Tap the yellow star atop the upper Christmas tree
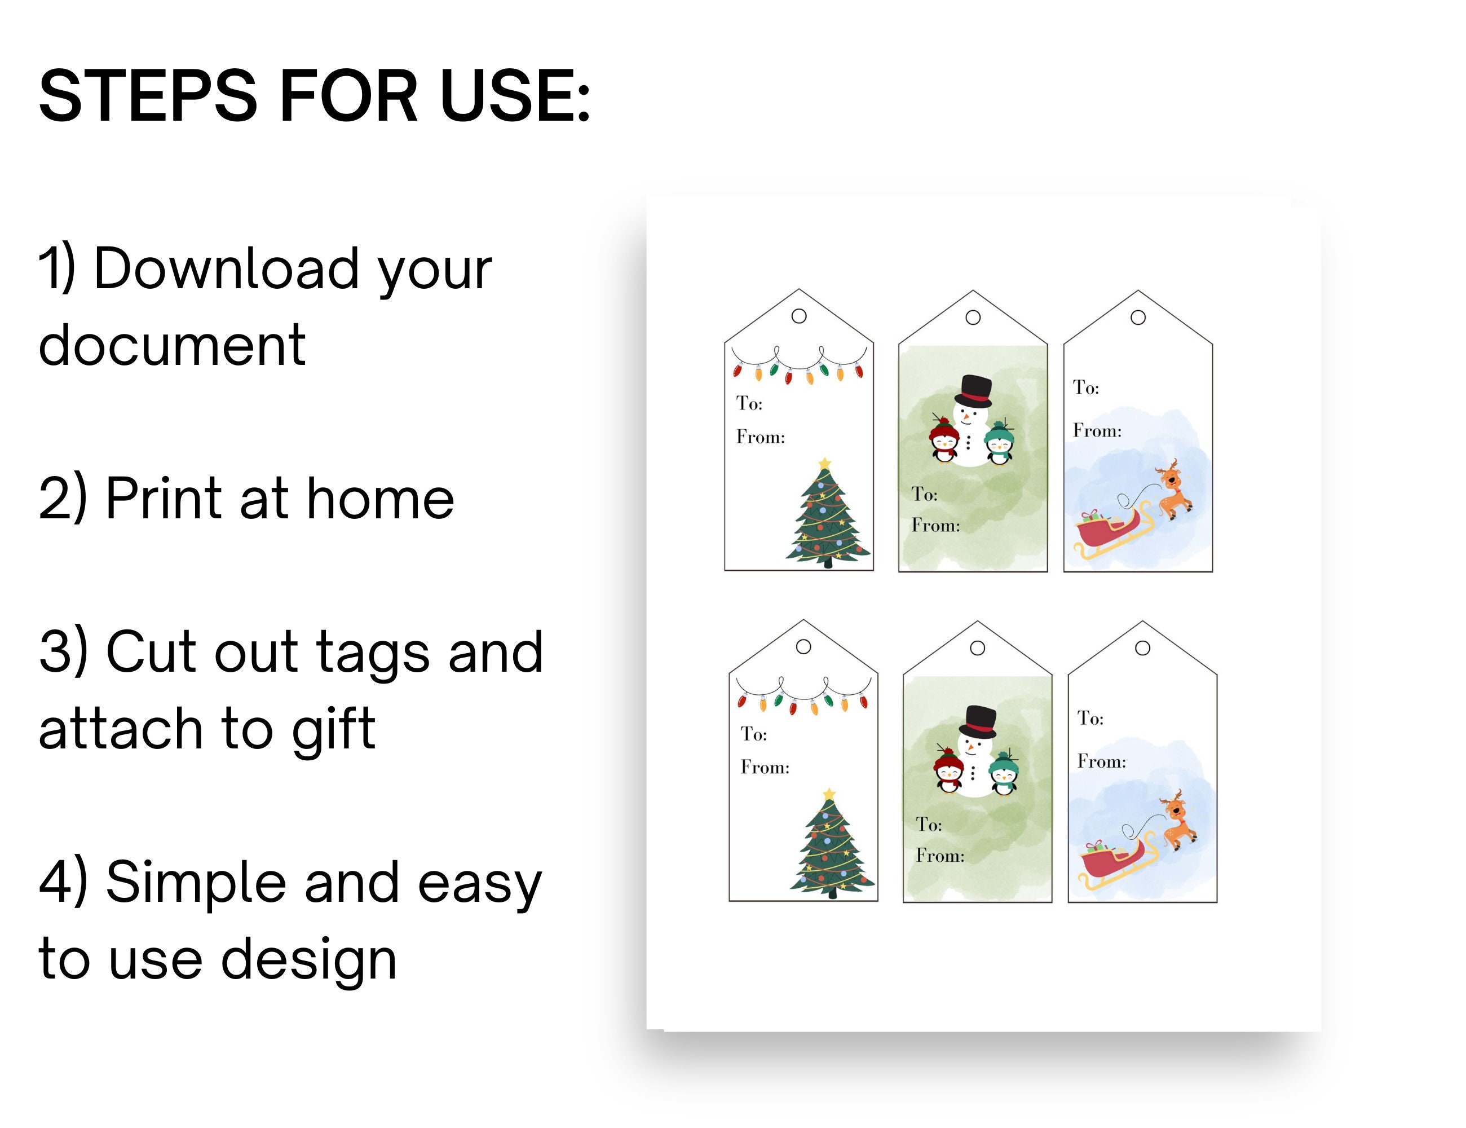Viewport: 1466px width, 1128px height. tap(825, 463)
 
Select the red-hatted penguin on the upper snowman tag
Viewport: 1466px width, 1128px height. tap(944, 440)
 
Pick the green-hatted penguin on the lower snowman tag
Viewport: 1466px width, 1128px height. tap(1004, 773)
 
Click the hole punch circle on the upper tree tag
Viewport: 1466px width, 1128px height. tap(799, 316)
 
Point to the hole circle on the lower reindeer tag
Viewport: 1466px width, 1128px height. tap(1142, 648)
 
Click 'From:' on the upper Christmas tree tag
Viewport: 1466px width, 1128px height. tap(761, 437)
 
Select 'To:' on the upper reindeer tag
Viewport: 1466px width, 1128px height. tap(1085, 387)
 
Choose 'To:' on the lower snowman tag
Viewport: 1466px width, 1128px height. tap(929, 825)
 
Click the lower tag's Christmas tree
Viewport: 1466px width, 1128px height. tap(832, 846)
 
